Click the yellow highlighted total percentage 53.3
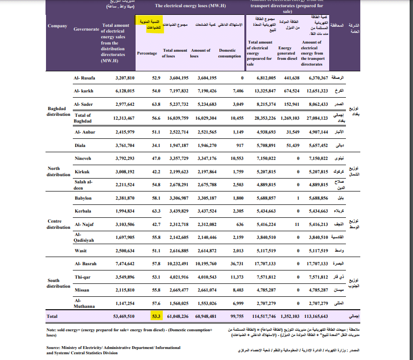tap(156, 316)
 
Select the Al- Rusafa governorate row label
tap(85, 78)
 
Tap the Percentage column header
tap(147, 53)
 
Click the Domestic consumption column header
tap(229, 53)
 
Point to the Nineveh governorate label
tap(82, 158)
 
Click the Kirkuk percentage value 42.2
tap(156, 171)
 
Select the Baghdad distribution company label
tap(58, 112)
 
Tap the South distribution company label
tap(58, 283)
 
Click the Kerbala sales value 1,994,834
tap(125, 211)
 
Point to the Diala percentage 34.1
tap(156, 145)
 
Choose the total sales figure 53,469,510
tap(123, 316)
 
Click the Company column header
tap(57, 26)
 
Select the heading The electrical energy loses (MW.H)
tap(190, 6)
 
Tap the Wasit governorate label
tap(80, 251)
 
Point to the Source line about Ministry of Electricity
tap(113, 350)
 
